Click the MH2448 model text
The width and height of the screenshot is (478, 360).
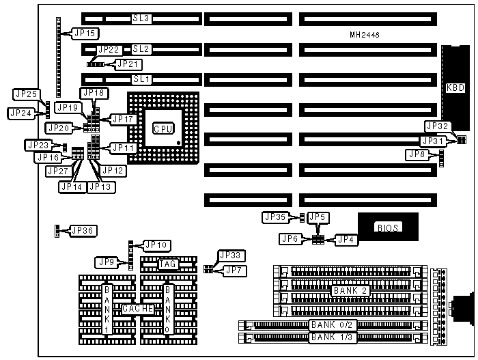[364, 34]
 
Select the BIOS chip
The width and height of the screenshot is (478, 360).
[388, 227]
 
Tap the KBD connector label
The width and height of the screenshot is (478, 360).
[455, 87]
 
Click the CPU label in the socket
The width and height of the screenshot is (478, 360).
[163, 128]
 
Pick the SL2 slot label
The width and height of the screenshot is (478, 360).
[141, 49]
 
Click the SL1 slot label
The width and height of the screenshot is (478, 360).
[141, 79]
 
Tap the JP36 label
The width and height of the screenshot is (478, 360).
[81, 230]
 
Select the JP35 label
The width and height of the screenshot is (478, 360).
[276, 217]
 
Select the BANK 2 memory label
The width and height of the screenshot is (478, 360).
[352, 291]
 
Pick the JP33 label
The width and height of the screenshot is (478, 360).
[230, 255]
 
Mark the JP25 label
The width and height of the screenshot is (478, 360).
[26, 94]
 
